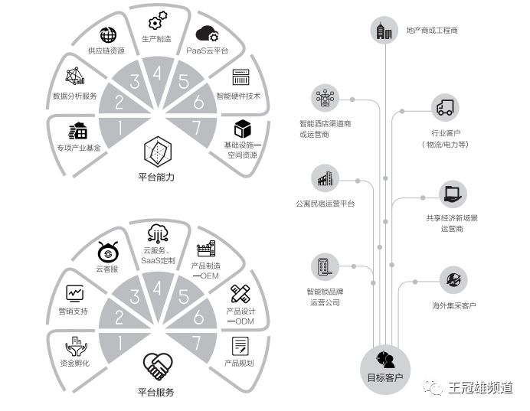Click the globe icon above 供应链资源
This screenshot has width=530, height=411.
coord(109,34)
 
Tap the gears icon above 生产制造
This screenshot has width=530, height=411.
coord(158,21)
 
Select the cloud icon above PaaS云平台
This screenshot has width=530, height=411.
coord(207,34)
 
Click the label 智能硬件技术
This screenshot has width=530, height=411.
coord(238,96)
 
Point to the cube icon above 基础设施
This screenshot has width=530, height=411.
coord(243,127)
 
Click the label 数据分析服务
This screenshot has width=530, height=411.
coord(74,96)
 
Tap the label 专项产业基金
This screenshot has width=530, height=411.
coord(78,148)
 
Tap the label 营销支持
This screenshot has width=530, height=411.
coord(74,312)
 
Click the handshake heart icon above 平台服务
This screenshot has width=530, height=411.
coord(157,366)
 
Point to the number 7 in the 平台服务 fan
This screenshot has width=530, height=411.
coord(198,342)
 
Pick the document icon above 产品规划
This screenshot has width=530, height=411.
coord(240,345)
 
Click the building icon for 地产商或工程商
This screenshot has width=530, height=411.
coord(382,31)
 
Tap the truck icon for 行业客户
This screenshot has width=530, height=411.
coord(444,108)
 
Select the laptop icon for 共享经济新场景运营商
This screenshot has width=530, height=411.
coord(451,194)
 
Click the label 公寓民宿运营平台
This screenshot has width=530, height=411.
coord(325,204)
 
